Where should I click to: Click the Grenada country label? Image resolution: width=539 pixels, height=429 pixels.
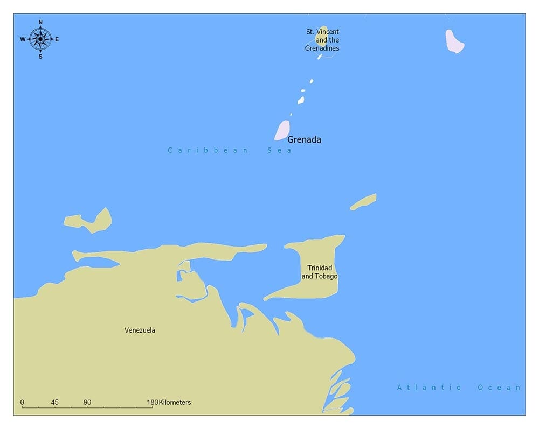pos(304,140)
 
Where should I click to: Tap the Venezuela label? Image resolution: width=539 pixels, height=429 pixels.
pos(140,330)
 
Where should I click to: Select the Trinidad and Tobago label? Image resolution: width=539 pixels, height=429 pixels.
pos(320,272)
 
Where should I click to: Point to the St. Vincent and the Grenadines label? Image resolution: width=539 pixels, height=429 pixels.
pos(322,40)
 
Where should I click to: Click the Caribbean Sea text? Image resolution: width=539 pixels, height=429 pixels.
pos(230,150)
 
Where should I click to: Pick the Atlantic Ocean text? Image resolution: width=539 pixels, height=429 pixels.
pos(459,387)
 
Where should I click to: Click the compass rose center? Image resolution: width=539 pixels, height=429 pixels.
pos(40,39)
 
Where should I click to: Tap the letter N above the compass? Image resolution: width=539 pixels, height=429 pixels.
pos(40,22)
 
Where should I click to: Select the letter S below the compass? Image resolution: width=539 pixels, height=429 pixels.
pos(40,56)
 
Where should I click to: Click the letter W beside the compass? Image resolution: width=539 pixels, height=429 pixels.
pos(23,39)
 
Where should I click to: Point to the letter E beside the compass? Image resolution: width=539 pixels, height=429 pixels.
pos(57,39)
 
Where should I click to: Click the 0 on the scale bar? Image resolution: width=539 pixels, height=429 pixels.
pos(22,402)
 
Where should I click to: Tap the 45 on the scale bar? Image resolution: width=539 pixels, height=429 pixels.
pos(54,402)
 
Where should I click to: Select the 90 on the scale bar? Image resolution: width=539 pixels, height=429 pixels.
pos(87,402)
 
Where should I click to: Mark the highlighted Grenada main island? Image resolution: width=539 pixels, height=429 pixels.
pos(282,130)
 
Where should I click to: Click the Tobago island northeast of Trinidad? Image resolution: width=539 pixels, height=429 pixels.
pos(364,201)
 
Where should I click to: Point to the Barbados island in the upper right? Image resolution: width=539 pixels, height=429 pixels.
pos(454,41)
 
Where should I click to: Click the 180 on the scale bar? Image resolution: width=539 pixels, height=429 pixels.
pos(153,402)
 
